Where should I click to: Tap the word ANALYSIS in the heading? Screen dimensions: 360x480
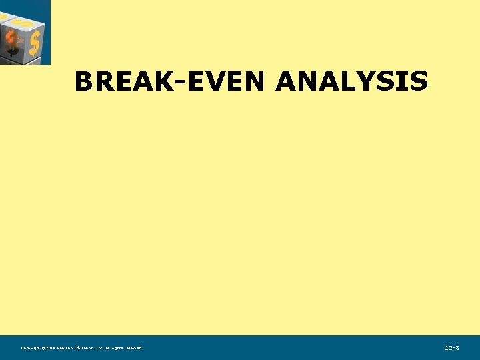[x=351, y=82]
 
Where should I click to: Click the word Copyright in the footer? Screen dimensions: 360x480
[x=31, y=348]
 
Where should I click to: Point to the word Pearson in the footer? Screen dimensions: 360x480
[x=69, y=348]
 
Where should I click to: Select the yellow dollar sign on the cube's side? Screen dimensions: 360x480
[x=34, y=42]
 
